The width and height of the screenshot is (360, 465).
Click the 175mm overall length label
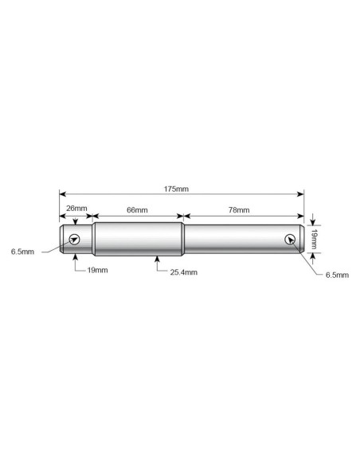click(x=176, y=189)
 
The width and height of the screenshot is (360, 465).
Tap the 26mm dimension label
click(x=76, y=208)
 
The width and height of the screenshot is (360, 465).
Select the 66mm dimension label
click(x=137, y=210)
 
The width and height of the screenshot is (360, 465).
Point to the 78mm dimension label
click(x=239, y=210)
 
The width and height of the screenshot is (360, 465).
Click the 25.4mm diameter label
click(x=183, y=272)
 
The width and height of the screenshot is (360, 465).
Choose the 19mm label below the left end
click(x=97, y=270)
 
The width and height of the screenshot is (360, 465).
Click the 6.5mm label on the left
click(x=22, y=252)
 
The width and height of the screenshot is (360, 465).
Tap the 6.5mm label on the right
click(x=337, y=275)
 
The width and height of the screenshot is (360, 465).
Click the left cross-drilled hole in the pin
click(x=74, y=239)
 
